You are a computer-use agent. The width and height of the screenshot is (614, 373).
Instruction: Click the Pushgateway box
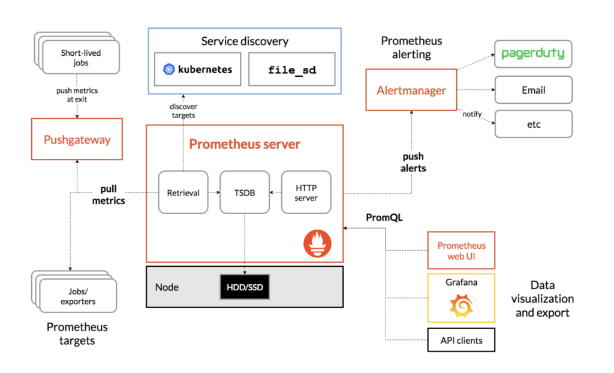[76, 139]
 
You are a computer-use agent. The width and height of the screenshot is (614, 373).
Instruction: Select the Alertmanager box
[411, 91]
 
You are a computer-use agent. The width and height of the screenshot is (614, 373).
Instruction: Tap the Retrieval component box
[183, 192]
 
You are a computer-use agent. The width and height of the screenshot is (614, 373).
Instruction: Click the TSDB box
[245, 192]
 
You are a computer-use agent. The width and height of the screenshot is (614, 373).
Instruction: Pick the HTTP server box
[306, 192]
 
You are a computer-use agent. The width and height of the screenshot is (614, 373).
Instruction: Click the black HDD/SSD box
[245, 288]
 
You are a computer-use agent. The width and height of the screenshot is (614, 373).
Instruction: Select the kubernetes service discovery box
[197, 69]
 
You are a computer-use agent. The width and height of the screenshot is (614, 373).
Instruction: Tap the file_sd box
[291, 69]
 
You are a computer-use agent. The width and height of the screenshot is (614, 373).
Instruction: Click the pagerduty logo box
[533, 53]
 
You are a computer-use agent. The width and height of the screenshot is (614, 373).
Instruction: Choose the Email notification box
[533, 91]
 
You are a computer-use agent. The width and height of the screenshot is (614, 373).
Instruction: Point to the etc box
[533, 124]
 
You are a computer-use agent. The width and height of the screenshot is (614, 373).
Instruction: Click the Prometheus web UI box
[461, 251]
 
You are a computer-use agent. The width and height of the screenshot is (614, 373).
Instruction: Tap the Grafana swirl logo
[461, 306]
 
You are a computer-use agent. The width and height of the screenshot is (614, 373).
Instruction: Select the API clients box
[461, 341]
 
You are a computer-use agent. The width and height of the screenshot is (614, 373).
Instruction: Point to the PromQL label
[384, 217]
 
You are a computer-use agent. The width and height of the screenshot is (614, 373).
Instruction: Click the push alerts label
[413, 163]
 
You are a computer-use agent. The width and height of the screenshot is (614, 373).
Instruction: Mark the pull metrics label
[109, 195]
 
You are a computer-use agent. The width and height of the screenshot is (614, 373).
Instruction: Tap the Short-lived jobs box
[82, 58]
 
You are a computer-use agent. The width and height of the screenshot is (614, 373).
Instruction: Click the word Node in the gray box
[167, 287]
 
